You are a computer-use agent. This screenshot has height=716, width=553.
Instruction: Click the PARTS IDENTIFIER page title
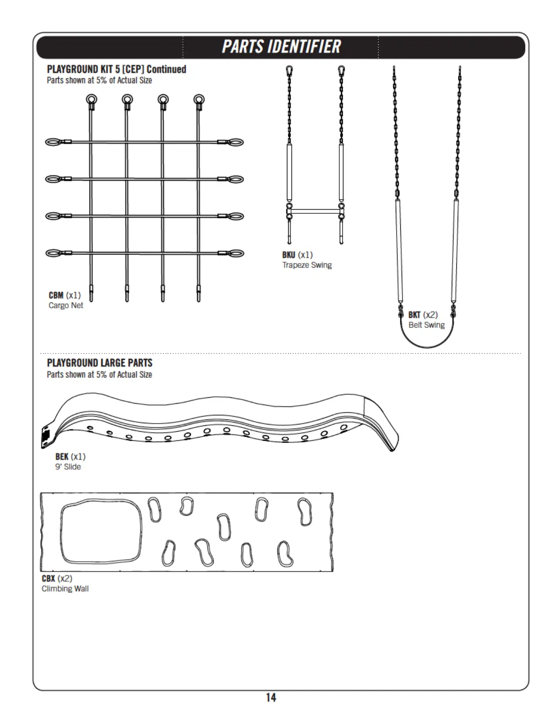tap(281, 47)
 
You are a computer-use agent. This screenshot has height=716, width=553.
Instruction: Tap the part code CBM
tap(56, 295)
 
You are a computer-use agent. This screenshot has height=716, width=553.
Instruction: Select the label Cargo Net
tap(66, 306)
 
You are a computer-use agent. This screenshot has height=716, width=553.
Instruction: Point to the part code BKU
tap(289, 255)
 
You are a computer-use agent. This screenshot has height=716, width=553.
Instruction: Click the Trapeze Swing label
tap(307, 265)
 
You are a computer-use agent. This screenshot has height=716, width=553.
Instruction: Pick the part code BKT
tap(414, 315)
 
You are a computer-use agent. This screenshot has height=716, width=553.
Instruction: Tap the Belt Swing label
tap(426, 325)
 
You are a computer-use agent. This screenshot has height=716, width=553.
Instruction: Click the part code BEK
tap(62, 457)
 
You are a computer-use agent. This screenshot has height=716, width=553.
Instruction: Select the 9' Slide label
tap(68, 467)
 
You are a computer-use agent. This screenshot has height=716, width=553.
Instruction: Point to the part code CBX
tap(48, 579)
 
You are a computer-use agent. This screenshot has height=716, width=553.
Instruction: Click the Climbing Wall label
tap(65, 589)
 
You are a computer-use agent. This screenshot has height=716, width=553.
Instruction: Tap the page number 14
tap(271, 697)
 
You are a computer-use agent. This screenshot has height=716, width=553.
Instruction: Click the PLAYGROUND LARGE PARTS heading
tap(100, 363)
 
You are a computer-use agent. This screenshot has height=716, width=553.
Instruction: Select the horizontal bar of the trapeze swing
tap(315, 211)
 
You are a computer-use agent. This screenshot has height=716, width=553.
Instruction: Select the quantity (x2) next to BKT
tap(430, 315)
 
